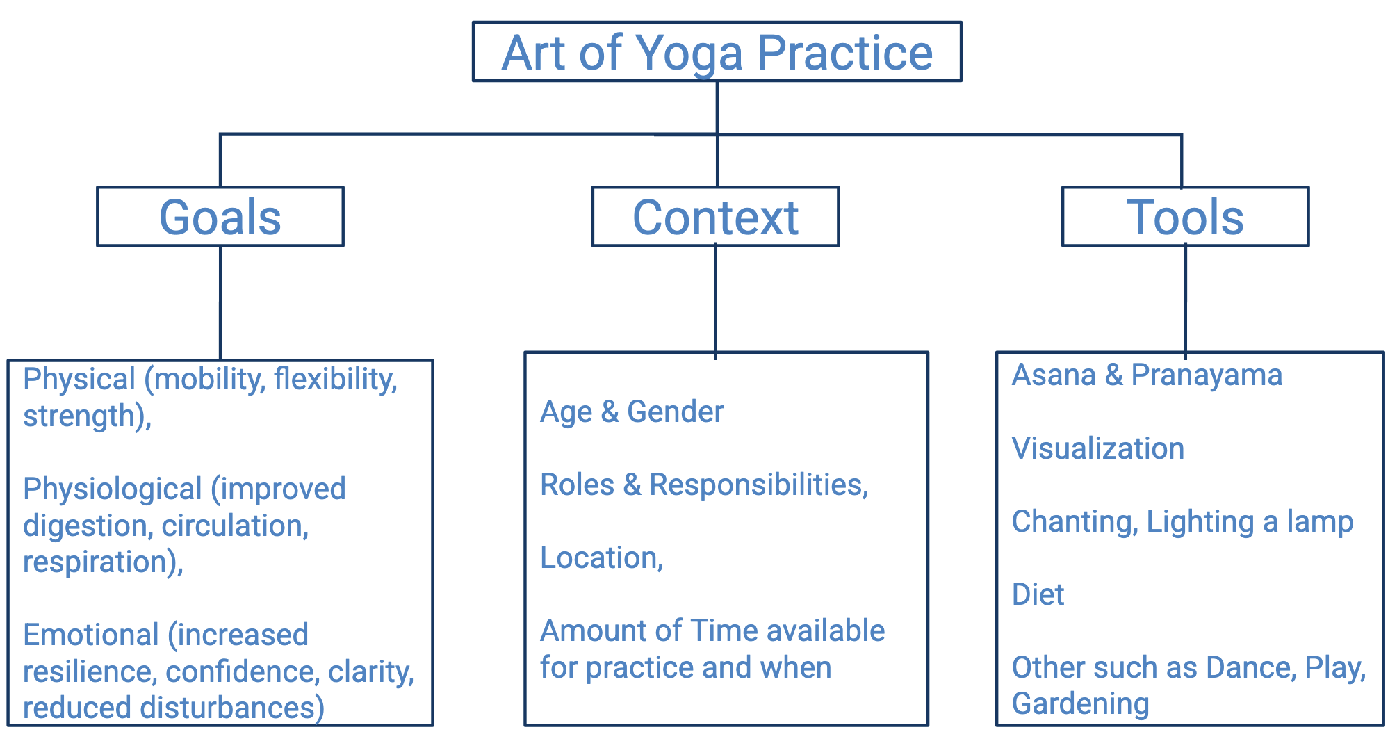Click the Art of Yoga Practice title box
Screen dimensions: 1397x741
pos(717,52)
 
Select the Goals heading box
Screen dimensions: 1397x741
pos(220,217)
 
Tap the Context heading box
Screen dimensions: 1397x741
pos(715,217)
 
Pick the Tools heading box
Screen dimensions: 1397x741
pos(1185,217)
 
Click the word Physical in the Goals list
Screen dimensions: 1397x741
pos(79,380)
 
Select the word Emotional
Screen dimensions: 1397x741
pos(91,635)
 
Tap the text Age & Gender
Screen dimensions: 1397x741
pos(631,412)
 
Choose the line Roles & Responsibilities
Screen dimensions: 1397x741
pos(703,484)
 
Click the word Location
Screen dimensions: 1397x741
pos(600,557)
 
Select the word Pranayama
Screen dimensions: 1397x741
pos(1206,375)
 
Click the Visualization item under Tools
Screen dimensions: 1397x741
pos(1097,448)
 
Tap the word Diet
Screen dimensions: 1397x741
pos(1038,594)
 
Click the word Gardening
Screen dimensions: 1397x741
pos(1080,703)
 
